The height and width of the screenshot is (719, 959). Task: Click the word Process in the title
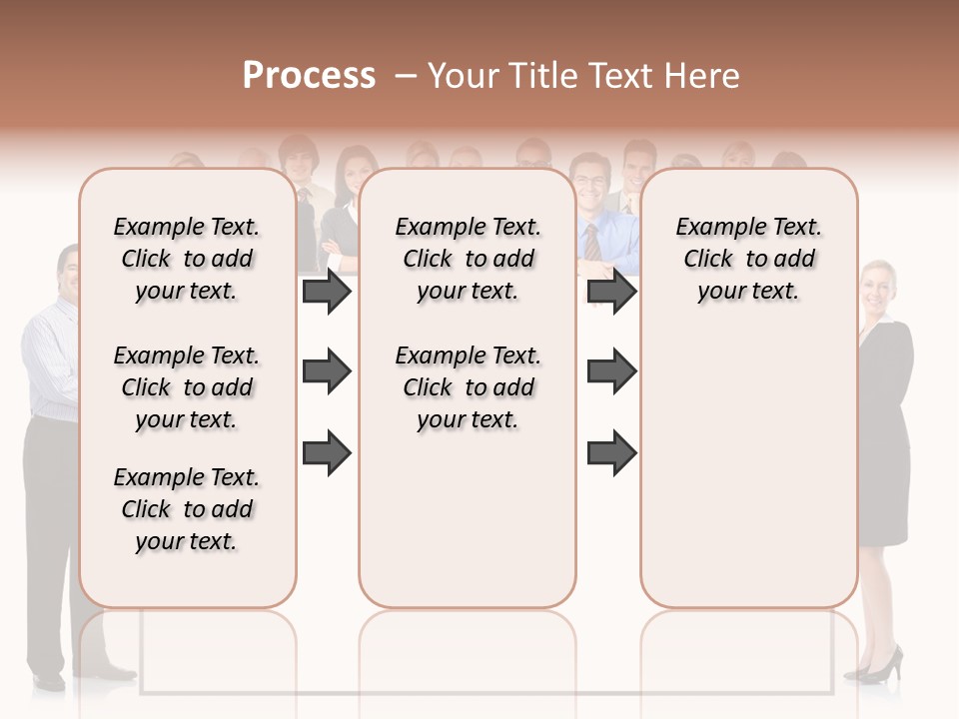[x=309, y=76]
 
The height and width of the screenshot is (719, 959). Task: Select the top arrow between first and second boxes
[x=327, y=292]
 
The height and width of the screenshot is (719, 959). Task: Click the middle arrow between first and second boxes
[x=327, y=372]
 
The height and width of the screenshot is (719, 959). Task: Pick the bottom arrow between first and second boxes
[x=327, y=453]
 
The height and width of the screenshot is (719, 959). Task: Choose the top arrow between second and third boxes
[x=611, y=292]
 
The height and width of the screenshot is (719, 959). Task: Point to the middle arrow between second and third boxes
[x=611, y=372]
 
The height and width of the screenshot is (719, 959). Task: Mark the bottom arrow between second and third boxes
[x=611, y=453]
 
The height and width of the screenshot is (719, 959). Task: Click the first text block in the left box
[x=187, y=259]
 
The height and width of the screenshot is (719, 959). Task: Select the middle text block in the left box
[x=187, y=387]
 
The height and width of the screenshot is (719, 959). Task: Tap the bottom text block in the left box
[x=187, y=509]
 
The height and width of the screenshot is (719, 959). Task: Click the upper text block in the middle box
[x=468, y=259]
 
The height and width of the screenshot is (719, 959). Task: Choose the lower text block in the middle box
[x=468, y=387]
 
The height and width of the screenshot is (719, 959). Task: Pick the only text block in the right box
[x=748, y=259]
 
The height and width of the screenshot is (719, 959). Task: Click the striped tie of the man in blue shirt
[x=592, y=243]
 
